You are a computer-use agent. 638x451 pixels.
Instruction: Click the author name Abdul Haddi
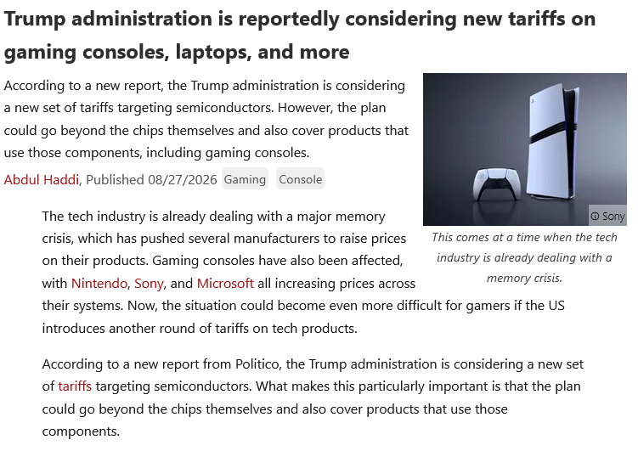coord(42,179)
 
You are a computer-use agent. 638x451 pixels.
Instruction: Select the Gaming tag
coord(245,179)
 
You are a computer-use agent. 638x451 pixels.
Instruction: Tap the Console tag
coord(300,179)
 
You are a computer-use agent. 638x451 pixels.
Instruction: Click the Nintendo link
coord(99,283)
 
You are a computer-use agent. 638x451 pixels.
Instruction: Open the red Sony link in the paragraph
coord(149,283)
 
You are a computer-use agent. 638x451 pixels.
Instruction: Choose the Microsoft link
coord(225,283)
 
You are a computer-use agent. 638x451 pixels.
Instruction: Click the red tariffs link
coord(75,386)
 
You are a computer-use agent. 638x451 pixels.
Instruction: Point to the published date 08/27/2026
coord(183,179)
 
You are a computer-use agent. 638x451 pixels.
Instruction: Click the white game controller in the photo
coord(496,183)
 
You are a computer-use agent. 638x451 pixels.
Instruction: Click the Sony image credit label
coord(608,216)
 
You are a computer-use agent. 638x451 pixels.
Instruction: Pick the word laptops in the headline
coord(213,52)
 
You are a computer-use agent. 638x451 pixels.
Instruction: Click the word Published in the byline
coord(116,179)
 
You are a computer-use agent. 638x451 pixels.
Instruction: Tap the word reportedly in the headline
coord(289,20)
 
